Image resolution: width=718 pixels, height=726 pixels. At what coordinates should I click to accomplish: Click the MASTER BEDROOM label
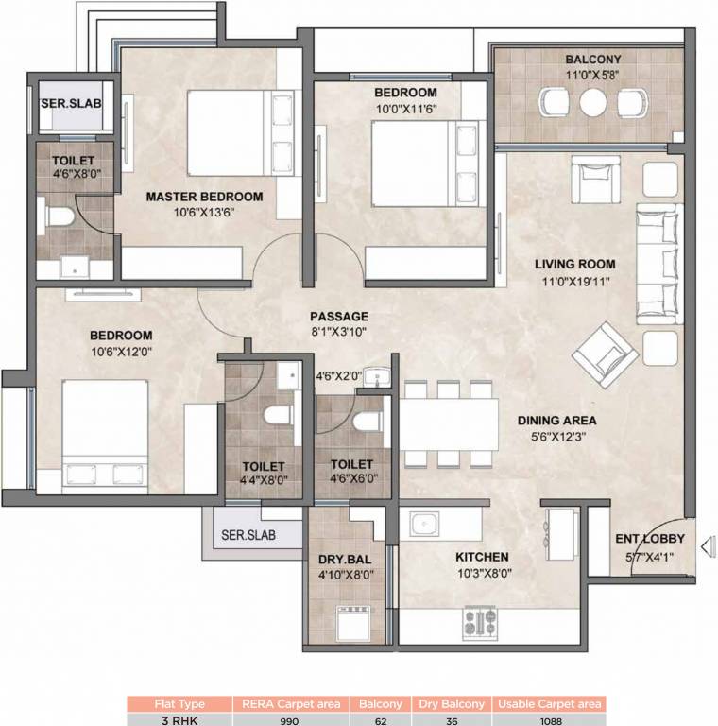coord(203,197)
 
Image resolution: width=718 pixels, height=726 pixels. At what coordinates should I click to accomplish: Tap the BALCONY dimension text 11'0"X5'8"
coord(593,77)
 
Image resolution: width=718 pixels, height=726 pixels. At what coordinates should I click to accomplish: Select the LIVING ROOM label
coord(574,265)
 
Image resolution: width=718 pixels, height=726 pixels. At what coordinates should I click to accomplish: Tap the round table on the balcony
coord(593,101)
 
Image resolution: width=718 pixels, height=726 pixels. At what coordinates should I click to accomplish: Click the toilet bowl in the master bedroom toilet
coord(59,218)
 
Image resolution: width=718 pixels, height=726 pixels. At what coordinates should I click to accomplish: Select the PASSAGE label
coord(338,317)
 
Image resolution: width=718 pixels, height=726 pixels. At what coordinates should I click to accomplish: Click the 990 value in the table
coord(290,719)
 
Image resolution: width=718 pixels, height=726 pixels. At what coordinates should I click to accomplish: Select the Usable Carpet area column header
coord(548,703)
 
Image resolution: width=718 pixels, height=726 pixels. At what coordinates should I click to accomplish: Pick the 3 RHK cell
coord(179,719)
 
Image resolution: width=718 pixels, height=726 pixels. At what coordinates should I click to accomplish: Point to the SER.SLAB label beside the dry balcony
coord(248,535)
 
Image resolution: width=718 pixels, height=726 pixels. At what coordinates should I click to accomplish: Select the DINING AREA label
coord(556,422)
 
